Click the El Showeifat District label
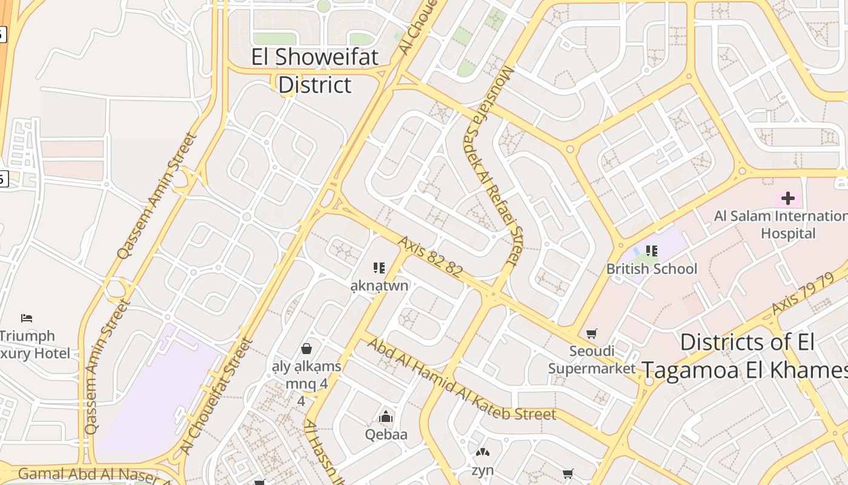click(314, 71)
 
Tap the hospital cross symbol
click(787, 198)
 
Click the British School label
click(652, 269)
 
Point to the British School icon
click(652, 250)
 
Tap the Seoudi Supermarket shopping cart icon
click(591, 333)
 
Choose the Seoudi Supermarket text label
click(592, 360)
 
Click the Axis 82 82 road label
click(430, 257)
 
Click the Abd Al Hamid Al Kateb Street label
click(461, 380)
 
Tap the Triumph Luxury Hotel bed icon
click(27, 318)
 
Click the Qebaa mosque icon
click(386, 417)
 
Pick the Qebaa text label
click(386, 434)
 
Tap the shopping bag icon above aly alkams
click(306, 349)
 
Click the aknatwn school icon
click(380, 267)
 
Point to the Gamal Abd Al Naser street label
click(91, 474)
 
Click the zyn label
click(483, 470)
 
